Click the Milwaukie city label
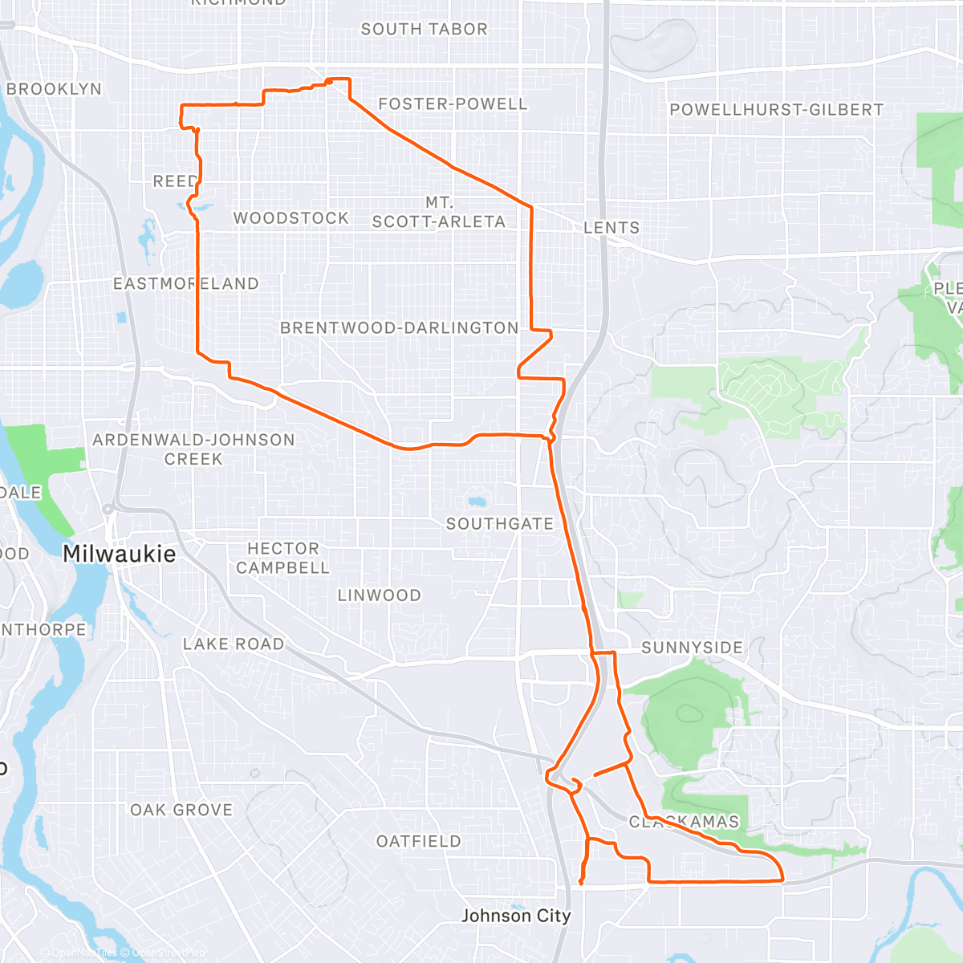[119, 554]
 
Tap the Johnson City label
[516, 916]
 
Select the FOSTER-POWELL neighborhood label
[453, 104]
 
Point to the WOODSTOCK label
[291, 218]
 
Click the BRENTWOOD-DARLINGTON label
[399, 327]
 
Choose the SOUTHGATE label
[500, 524]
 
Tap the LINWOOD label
[379, 595]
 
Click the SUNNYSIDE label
[692, 648]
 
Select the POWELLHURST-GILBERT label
[776, 110]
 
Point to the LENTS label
[612, 228]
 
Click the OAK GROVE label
[181, 811]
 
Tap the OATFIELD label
[419, 841]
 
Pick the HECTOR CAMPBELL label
[282, 558]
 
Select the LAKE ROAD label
[234, 644]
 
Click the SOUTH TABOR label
[424, 30]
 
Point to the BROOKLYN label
[54, 89]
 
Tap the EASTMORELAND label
[185, 284]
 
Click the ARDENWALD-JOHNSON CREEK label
[193, 449]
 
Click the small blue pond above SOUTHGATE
[477, 503]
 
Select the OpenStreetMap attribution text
[168, 953]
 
